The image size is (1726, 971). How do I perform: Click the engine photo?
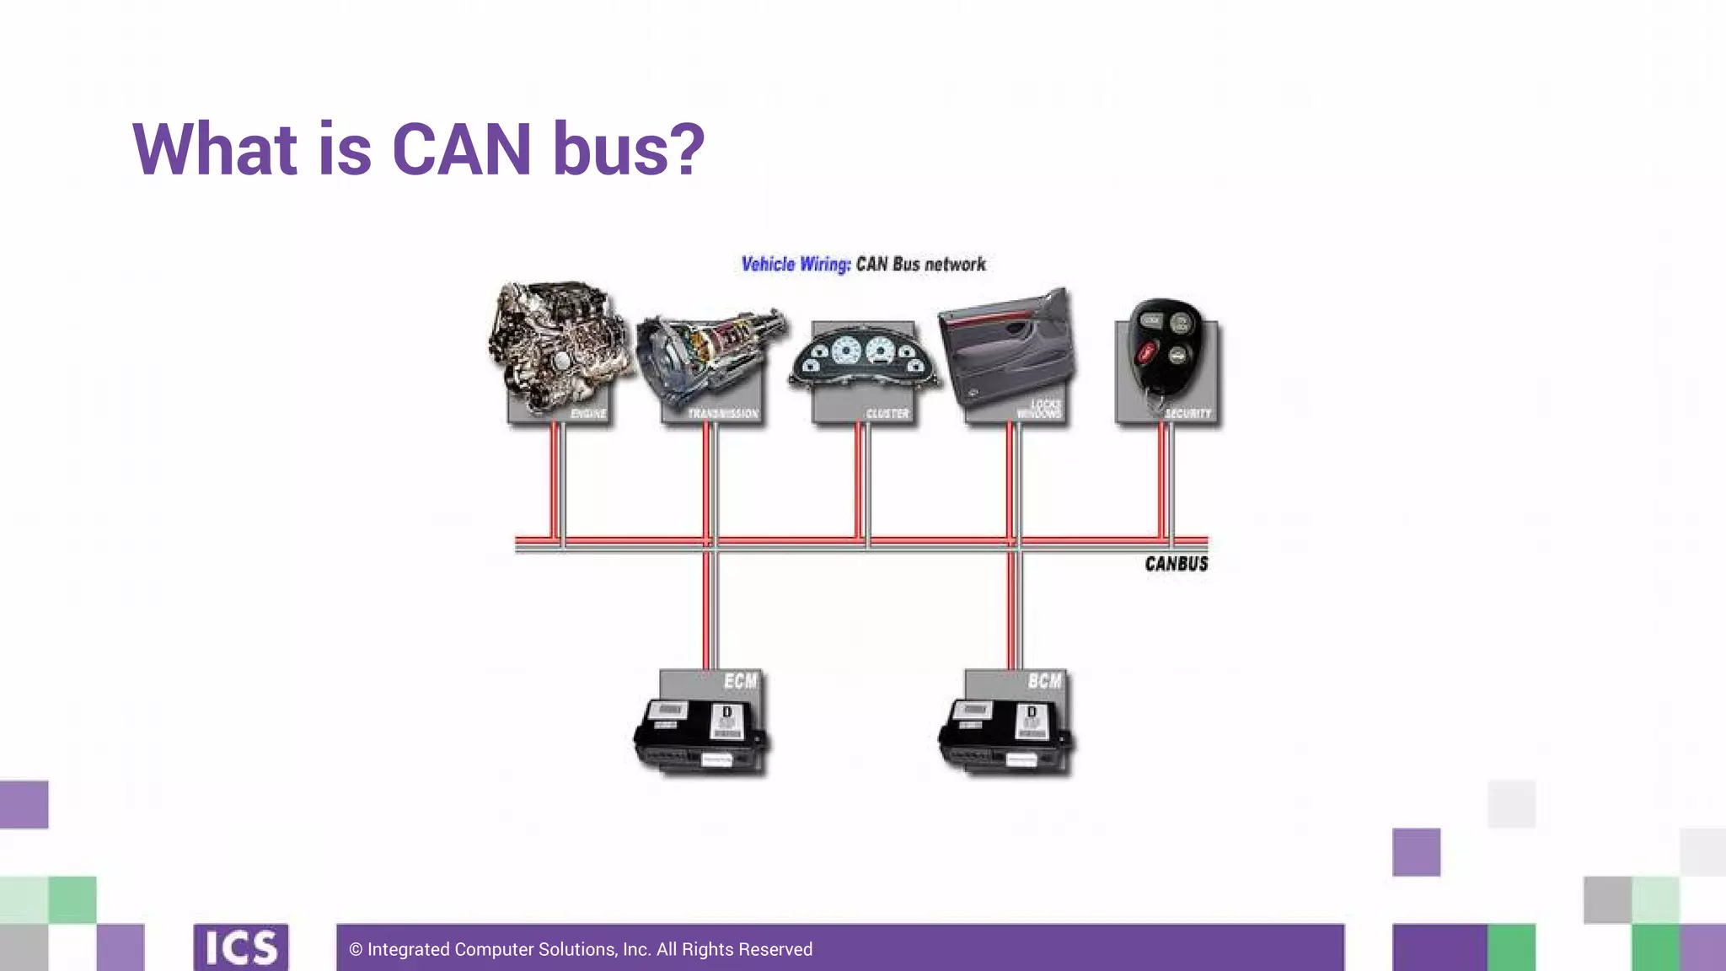(558, 346)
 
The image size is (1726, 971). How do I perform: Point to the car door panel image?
(1006, 349)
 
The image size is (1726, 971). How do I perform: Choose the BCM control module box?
(1005, 733)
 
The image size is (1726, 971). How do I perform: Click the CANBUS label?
(1177, 564)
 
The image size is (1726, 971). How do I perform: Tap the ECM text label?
(741, 681)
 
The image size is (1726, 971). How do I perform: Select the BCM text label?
(1045, 681)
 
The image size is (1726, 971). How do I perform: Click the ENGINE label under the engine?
(588, 414)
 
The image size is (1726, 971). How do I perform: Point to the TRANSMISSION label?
(723, 414)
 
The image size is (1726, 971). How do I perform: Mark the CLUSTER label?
(887, 414)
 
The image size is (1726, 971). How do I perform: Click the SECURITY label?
(1188, 414)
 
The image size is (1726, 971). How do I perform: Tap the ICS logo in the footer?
(241, 948)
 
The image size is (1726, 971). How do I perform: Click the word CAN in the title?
(461, 150)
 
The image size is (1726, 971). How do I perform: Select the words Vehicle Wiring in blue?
(796, 265)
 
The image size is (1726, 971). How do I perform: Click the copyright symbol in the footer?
(356, 950)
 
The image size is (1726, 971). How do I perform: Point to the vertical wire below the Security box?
(1166, 480)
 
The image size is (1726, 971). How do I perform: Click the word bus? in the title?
(629, 150)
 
